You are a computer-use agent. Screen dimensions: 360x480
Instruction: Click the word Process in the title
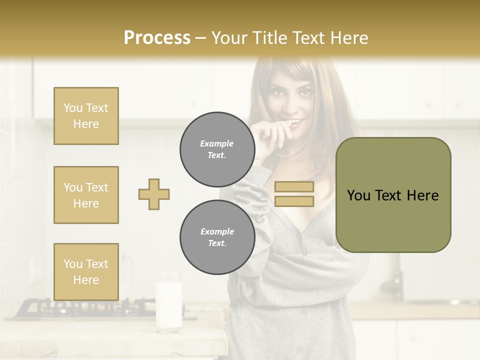pos(157,38)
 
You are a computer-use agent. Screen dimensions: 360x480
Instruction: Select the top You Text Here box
pos(86,116)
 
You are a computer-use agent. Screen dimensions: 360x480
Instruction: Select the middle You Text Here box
pos(86,195)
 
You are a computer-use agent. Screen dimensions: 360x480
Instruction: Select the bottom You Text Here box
pos(86,271)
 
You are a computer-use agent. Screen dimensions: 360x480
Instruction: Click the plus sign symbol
pos(154,194)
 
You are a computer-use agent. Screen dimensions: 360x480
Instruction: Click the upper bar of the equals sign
pos(294,187)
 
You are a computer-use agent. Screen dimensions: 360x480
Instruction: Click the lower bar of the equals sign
pos(294,201)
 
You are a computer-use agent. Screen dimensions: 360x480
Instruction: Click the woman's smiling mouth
pos(296,122)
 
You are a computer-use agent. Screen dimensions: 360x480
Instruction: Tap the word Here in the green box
pos(422,195)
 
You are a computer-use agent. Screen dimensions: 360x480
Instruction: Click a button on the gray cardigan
pos(302,310)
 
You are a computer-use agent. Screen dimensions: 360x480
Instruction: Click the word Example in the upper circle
pos(217,143)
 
